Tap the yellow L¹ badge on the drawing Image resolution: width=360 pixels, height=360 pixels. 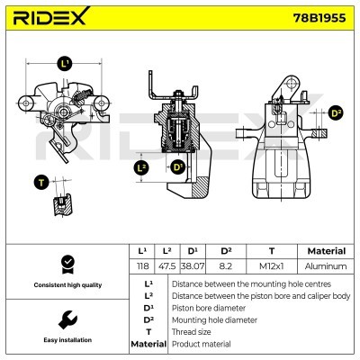pyautogui.click(x=64, y=64)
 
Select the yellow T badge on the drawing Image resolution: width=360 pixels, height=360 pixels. pyautogui.click(x=40, y=183)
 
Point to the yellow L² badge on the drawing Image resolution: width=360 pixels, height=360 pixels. pyautogui.click(x=140, y=167)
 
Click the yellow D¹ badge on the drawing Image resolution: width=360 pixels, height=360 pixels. pyautogui.click(x=177, y=167)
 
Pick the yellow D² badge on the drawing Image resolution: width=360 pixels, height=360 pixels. pyautogui.click(x=336, y=112)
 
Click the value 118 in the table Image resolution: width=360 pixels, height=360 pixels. pyautogui.click(x=140, y=266)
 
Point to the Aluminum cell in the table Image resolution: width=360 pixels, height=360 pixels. pyautogui.click(x=326, y=266)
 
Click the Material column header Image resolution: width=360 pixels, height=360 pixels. pyautogui.click(x=326, y=251)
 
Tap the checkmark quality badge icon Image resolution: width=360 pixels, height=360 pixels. pyautogui.click(x=66, y=265)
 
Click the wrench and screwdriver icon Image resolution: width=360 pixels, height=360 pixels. pyautogui.click(x=66, y=319)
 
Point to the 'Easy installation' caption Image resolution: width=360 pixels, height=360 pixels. pyautogui.click(x=66, y=341)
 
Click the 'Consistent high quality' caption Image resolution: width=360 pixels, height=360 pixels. pyautogui.click(x=66, y=285)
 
